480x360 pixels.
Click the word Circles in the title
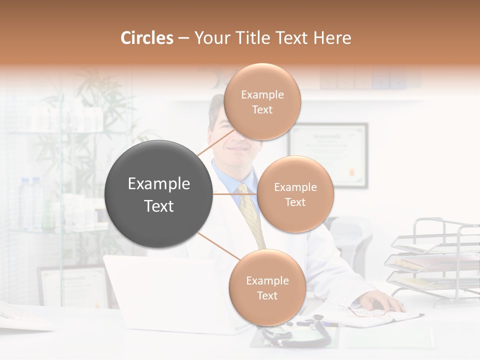[x=146, y=38]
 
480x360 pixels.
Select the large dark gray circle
[x=158, y=194]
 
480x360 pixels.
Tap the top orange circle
[x=262, y=101]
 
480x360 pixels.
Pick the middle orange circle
[x=295, y=194]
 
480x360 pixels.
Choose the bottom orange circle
[x=267, y=287]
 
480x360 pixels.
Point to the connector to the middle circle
[x=234, y=194]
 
